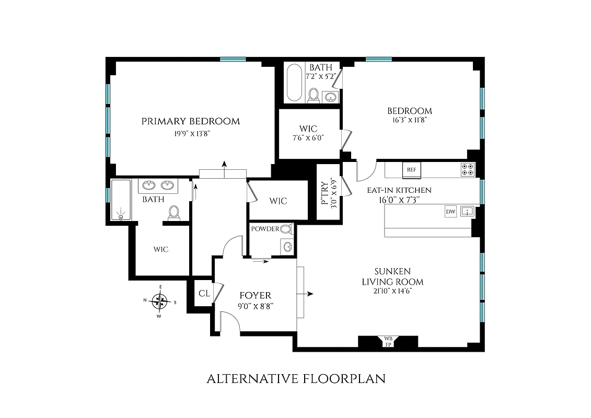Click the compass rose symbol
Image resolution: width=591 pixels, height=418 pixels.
coord(160,301)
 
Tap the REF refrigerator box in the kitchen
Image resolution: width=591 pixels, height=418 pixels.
coord(411,169)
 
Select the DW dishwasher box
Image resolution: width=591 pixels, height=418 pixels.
coord(450,212)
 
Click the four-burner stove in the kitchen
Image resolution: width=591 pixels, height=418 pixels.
coord(467,169)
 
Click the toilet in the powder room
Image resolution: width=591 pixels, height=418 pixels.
coord(285,229)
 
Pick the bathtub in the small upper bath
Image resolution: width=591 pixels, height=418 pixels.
coord(294,83)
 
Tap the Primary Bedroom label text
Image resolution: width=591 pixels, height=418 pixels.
coord(191,121)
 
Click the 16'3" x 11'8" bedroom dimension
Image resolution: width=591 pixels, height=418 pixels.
coord(409,120)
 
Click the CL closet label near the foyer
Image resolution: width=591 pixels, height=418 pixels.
coord(204,293)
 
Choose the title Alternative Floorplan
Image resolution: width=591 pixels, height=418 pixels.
coord(296,379)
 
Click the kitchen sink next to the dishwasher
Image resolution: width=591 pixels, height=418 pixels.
coord(467,212)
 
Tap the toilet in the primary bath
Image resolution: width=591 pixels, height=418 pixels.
coord(175,212)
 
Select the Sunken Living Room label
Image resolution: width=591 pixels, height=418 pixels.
coord(392,276)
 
